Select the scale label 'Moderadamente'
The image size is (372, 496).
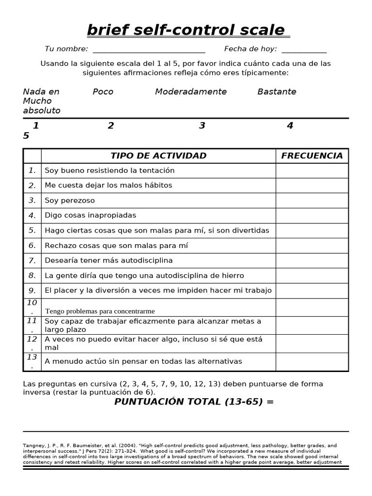190,92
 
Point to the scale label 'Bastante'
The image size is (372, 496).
277,92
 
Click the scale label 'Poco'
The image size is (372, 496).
103,92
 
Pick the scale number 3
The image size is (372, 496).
202,126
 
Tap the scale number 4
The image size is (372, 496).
290,126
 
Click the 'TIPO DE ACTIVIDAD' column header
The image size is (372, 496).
158,156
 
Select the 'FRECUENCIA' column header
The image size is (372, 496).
312,156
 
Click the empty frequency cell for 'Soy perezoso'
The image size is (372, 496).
312,201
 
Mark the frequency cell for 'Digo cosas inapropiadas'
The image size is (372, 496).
312,216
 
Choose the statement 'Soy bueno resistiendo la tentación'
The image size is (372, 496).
109,170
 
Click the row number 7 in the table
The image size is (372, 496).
32,261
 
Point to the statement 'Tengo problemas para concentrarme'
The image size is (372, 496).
100,311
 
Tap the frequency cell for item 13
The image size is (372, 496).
312,362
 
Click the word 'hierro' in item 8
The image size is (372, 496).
232,276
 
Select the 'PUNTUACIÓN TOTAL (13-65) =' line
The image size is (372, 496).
194,402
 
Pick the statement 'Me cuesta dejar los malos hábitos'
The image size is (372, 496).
108,186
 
